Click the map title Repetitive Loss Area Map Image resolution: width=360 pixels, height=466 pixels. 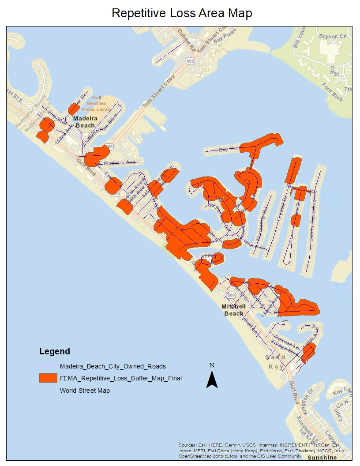click(x=182, y=13)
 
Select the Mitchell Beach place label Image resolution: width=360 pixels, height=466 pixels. click(x=233, y=310)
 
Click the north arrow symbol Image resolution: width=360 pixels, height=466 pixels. click(x=212, y=379)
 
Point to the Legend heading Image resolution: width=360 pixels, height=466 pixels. click(x=55, y=352)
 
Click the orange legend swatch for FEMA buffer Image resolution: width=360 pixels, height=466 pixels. click(x=48, y=378)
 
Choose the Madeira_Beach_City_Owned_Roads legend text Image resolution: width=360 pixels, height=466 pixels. click(x=113, y=366)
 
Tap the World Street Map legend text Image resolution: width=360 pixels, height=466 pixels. click(x=85, y=391)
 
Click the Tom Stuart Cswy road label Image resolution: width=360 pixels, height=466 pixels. click(x=159, y=91)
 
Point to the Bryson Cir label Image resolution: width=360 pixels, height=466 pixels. click(x=333, y=36)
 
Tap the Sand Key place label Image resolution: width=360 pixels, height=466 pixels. click(x=276, y=361)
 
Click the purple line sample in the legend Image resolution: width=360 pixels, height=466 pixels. click(x=48, y=366)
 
